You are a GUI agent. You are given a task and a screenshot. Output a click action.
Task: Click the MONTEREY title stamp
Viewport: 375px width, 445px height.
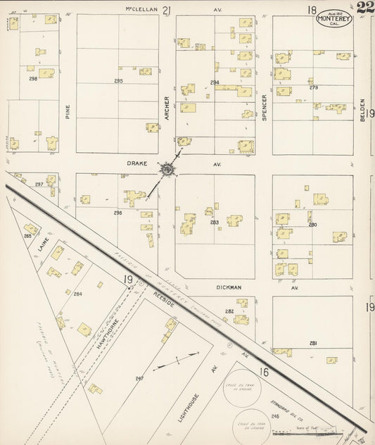(x=333, y=18)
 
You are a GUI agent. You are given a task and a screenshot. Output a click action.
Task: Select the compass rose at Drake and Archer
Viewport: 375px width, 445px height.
(x=167, y=170)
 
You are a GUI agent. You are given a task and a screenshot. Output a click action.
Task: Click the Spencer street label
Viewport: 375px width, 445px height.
(x=265, y=109)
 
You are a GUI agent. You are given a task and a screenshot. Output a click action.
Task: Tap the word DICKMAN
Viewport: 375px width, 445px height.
(x=229, y=287)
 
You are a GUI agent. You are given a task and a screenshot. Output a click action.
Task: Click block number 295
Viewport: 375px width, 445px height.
(x=118, y=82)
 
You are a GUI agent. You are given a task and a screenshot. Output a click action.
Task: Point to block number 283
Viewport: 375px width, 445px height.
(x=215, y=222)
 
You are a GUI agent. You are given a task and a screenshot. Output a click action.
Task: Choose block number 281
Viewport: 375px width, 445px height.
(x=313, y=343)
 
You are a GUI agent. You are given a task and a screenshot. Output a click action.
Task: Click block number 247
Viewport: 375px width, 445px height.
(x=139, y=379)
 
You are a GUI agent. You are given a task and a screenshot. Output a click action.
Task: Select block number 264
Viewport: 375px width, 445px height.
(x=78, y=294)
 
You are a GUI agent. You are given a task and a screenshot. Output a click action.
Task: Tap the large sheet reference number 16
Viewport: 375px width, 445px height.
(x=263, y=372)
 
